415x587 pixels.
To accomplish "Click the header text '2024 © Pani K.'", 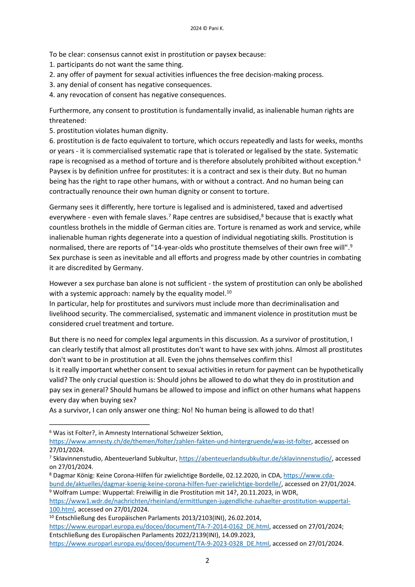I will tap(207, 29).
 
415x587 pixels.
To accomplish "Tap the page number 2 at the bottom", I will tap(207, 561).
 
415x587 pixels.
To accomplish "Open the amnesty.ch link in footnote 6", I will tap(180, 441).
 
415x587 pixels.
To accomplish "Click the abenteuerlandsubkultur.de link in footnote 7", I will tap(255, 459).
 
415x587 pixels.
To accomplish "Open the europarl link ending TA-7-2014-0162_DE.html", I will tap(159, 527).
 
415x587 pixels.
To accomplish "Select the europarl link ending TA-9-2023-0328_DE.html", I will tap(159, 544).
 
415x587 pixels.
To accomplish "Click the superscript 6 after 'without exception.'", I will tap(359, 159).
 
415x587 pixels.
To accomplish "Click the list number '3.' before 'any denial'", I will tap(52, 85).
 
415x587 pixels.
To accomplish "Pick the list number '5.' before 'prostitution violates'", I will tap(52, 131).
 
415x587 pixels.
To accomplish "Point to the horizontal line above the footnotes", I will tap(99, 424).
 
